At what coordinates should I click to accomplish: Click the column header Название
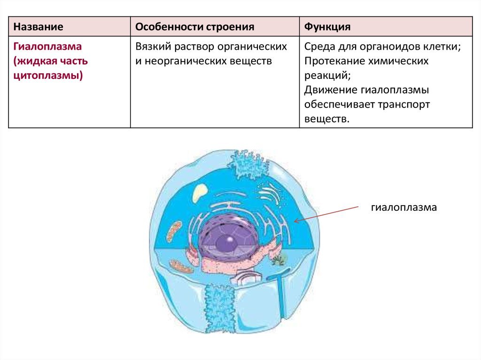point(39,27)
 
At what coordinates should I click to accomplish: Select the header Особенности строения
point(195,27)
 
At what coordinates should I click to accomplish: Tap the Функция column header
point(327,27)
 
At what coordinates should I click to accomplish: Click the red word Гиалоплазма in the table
point(47,46)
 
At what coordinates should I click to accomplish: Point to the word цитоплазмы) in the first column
point(48,76)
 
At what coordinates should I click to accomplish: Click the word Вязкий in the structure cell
point(153,46)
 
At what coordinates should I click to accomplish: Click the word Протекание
point(334,61)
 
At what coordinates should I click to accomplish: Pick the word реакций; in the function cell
point(327,76)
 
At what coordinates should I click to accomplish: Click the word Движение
point(330,90)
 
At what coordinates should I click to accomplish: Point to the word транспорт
point(403,105)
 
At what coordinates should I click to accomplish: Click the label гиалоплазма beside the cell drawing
point(403,207)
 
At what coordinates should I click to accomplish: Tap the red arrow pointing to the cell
point(326,214)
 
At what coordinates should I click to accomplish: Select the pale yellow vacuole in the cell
point(199,192)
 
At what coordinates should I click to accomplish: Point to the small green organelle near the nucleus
point(279,260)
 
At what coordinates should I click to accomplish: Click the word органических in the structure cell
point(252,46)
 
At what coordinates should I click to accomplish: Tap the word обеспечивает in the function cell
point(338,105)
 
